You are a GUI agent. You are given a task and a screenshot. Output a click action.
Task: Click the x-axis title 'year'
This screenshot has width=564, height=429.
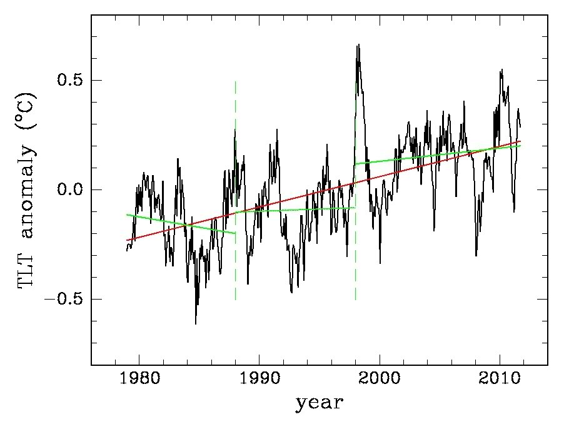coord(319,403)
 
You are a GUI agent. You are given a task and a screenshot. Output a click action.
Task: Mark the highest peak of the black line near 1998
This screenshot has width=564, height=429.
coord(359,45)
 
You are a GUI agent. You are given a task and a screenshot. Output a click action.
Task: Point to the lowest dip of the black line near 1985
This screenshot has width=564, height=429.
coord(196,323)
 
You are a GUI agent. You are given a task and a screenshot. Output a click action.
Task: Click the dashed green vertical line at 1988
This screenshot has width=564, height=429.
coord(235,263)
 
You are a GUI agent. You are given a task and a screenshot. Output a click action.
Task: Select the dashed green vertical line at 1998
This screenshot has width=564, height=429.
coord(355,263)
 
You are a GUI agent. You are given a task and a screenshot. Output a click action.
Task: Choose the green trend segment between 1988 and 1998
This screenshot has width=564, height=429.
coord(294,209)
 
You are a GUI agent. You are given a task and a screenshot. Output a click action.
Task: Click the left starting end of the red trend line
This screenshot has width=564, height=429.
coord(127,240)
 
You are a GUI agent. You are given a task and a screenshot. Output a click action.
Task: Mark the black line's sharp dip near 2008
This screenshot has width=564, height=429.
coord(476,255)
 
